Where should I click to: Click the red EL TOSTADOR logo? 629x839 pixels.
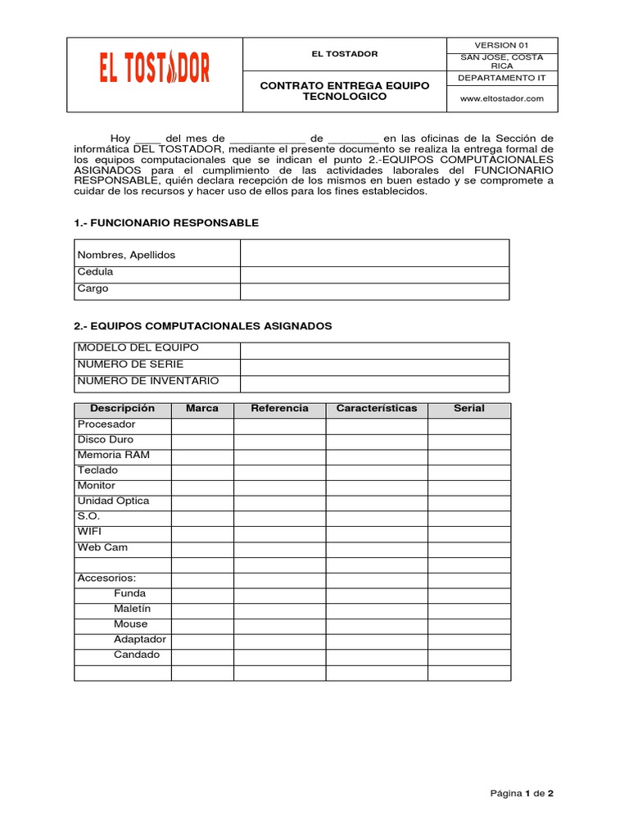pos(155,67)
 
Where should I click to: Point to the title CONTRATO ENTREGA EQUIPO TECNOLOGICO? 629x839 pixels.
pos(344,91)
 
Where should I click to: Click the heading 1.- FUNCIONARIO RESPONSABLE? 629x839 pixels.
pos(166,223)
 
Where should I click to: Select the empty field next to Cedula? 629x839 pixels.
pos(374,274)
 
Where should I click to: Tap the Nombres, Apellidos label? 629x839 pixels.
pos(126,255)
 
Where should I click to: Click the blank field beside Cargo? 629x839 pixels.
pos(374,290)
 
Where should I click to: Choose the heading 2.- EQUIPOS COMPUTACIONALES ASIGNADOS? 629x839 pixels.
pos(202,326)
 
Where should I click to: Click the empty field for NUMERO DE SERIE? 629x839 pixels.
pos(374,366)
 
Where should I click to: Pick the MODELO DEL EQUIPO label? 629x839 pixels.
pos(138,348)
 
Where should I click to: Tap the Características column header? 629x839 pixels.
pos(376,409)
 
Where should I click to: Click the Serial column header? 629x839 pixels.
pos(468,409)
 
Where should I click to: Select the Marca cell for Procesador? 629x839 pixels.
pos(202,426)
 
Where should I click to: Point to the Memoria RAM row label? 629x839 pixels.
pos(113,456)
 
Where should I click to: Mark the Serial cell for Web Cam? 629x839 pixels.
pos(468,549)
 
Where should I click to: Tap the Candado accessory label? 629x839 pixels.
pos(137,655)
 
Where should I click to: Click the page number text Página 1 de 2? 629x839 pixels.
pos(522,793)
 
